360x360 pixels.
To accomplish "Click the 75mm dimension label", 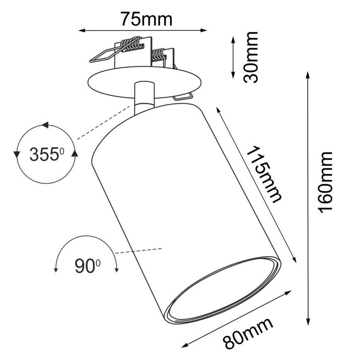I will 146,18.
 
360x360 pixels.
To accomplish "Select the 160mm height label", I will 326,182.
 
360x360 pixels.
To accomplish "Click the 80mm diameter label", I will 248,334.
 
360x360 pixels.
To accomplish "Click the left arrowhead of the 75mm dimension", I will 82,30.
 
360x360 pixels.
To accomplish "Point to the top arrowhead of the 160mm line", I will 308,75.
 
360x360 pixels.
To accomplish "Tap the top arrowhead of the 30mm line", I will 233,39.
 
